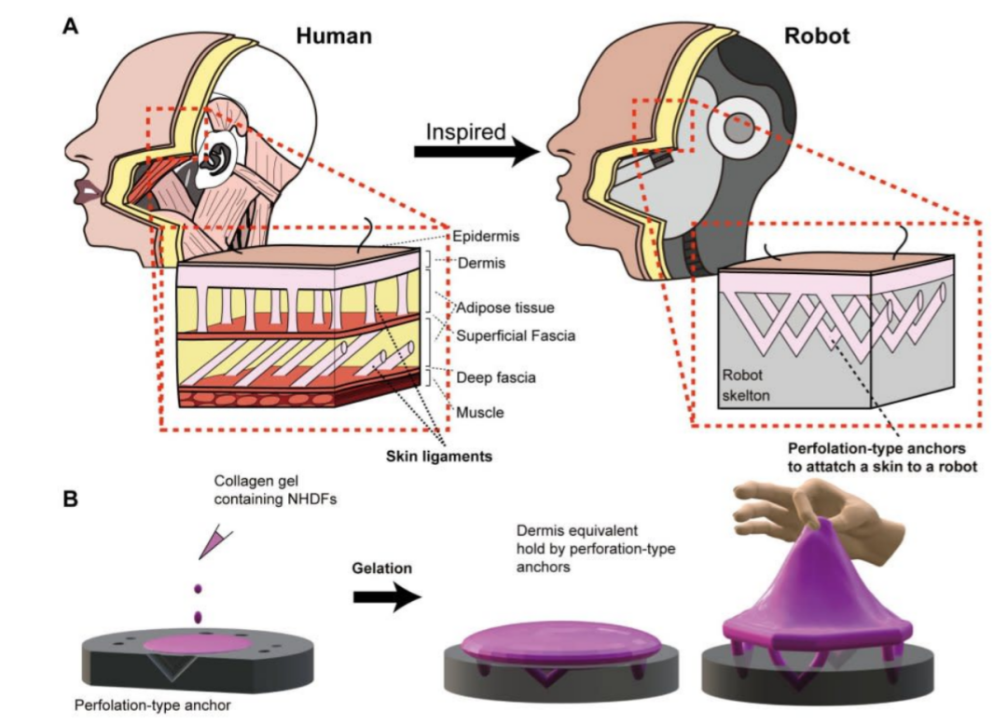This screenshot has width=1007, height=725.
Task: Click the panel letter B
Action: (70, 499)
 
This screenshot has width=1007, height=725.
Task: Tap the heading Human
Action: (334, 36)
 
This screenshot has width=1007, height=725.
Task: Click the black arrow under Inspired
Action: (476, 153)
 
